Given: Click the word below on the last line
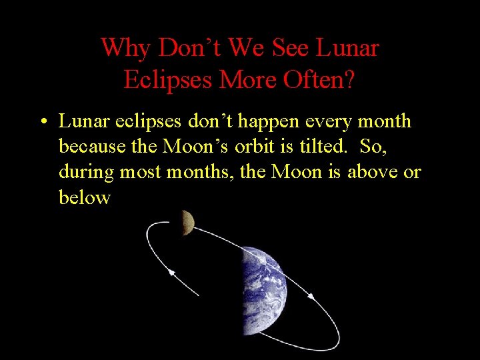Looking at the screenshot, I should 84,198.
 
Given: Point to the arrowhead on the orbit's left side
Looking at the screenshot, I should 171,271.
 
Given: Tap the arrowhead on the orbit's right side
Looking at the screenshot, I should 310,295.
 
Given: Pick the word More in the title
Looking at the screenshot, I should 243,80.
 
